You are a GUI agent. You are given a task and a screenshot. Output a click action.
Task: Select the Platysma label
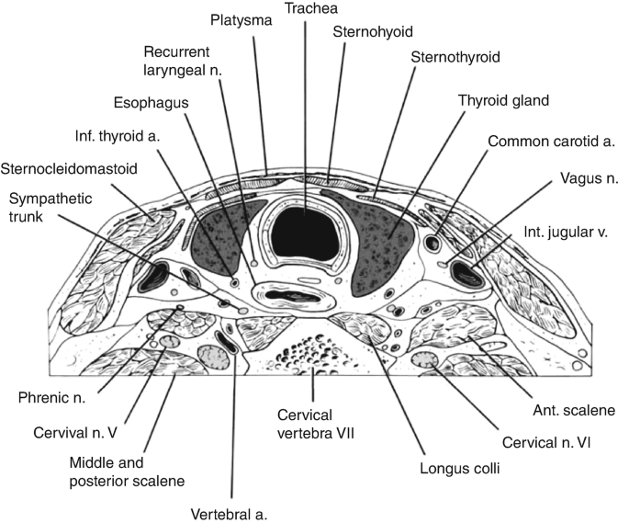pos(241,20)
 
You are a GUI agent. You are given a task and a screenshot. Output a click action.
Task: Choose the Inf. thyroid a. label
pos(117,137)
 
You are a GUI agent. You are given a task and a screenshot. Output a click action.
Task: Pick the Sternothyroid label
pos(456,57)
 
